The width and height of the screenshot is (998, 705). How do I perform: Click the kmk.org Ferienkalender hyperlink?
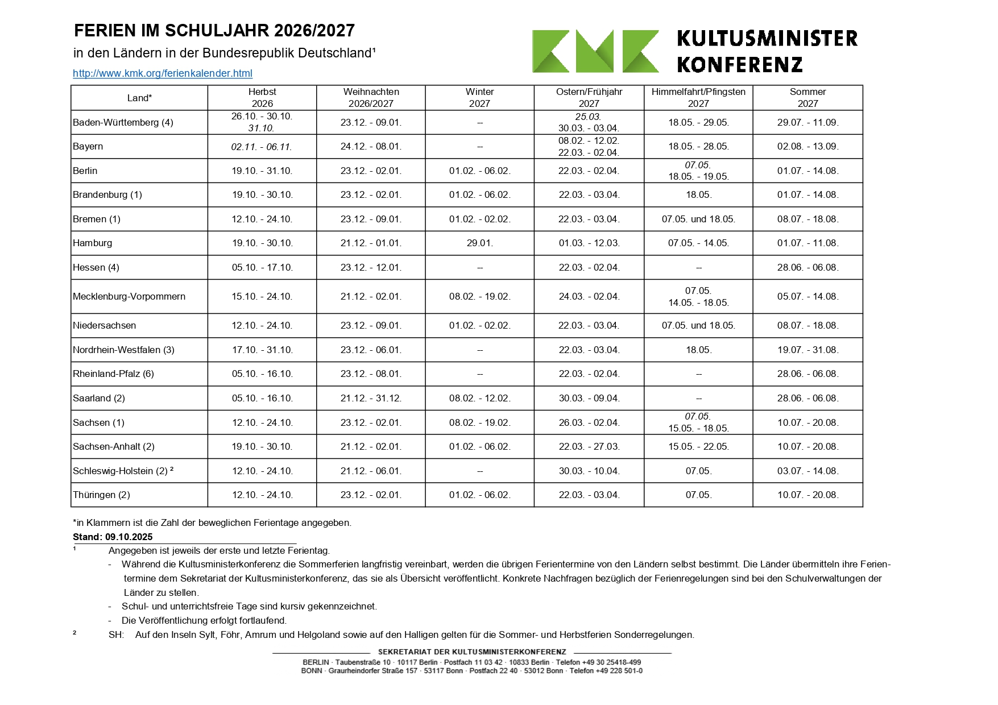pos(163,73)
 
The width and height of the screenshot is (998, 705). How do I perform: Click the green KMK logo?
pos(595,51)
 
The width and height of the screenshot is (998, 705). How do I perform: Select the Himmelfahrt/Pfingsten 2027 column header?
pos(698,98)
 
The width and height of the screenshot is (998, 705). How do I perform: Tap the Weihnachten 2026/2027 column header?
pos(371,98)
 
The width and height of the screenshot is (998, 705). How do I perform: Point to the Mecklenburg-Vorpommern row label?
pos(129,296)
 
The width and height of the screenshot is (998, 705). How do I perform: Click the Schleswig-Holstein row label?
pos(120,471)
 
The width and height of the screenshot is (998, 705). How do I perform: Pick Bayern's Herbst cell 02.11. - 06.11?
pos(262,147)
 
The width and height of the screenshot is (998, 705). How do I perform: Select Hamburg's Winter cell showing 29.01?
pos(479,243)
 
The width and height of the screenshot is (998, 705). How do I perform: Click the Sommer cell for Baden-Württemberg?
pos(807,122)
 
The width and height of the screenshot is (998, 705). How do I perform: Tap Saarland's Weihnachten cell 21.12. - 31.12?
pos(371,398)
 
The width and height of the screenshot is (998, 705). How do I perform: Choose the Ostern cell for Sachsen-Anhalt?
pos(589,446)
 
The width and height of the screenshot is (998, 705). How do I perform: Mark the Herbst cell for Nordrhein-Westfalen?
pos(262,350)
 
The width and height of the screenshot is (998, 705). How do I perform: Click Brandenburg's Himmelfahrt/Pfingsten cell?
pos(698,194)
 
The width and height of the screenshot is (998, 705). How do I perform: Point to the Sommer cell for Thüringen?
pos(807,495)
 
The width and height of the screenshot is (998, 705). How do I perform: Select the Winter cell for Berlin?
pos(479,171)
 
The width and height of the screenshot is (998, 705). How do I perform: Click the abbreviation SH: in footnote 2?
pos(116,634)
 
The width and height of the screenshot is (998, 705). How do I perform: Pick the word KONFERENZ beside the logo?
pos(739,65)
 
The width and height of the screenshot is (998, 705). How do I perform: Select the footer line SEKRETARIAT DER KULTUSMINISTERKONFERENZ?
pos(471,652)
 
